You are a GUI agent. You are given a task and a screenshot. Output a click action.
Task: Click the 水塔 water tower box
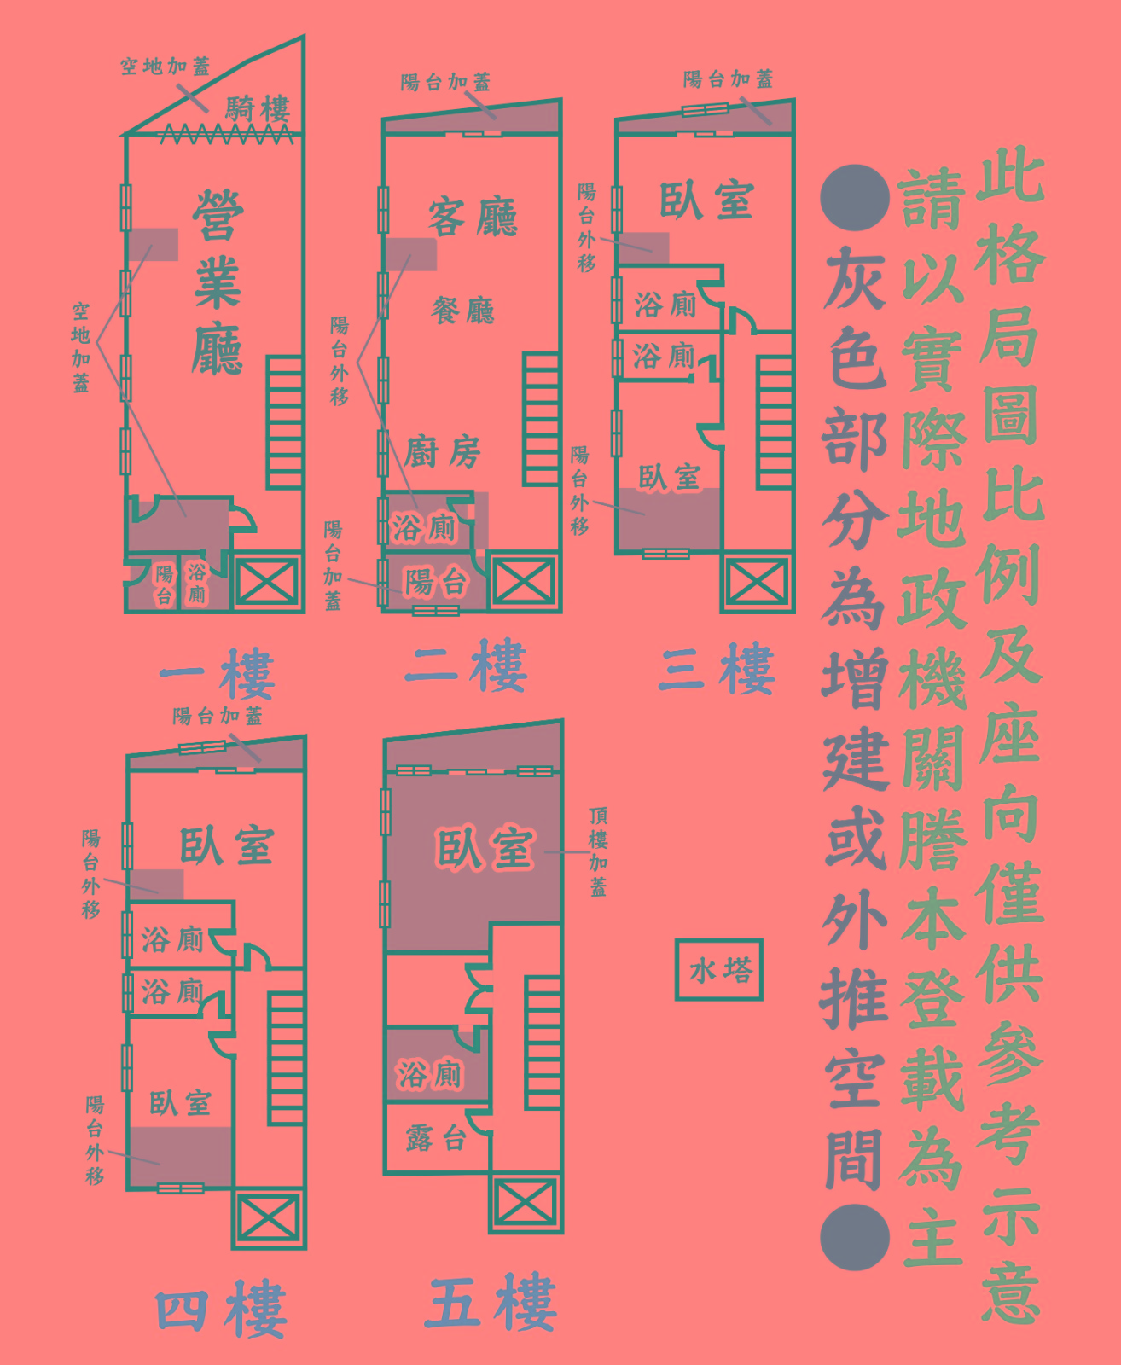718,969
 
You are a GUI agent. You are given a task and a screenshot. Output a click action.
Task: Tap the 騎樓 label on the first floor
258,108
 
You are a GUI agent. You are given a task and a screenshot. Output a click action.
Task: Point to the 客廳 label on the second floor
473,217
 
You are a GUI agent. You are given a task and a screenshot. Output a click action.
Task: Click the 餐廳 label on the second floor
463,310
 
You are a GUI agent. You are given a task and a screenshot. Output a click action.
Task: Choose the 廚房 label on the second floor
443,451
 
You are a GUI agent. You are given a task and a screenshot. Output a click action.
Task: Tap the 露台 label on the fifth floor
436,1137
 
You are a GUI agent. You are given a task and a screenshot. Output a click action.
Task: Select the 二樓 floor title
467,666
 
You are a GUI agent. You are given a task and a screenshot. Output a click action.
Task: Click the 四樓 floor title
221,1309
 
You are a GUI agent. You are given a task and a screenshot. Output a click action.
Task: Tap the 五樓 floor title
492,1302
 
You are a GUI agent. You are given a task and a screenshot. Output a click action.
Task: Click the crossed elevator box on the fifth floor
526,1202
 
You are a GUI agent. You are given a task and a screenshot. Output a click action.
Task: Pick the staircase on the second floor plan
541,418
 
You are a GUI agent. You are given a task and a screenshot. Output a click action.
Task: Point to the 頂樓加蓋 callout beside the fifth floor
598,851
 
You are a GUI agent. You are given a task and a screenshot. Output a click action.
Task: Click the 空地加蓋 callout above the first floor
165,66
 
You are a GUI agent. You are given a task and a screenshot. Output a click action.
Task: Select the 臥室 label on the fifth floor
485,849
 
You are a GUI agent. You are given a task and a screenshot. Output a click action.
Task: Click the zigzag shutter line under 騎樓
226,134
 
